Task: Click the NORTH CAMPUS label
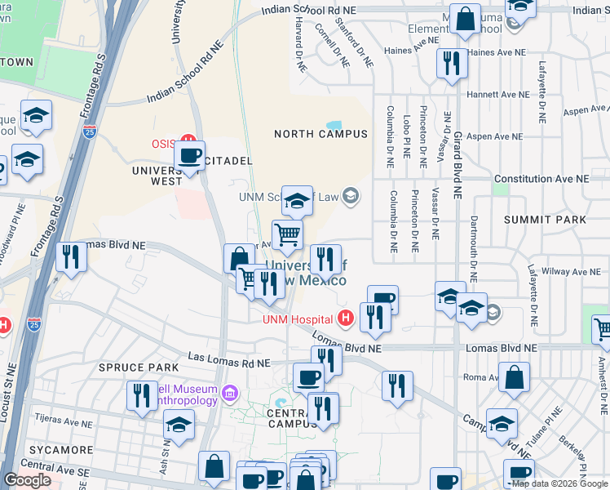pos(320,133)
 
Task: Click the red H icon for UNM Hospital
pos(345,318)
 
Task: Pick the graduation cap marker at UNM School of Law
pos(298,200)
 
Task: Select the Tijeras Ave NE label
pos(66,417)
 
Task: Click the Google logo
pos(27,480)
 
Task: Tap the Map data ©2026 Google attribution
pos(559,483)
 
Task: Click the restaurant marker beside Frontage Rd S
pos(72,257)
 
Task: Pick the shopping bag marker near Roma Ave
pos(514,378)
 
